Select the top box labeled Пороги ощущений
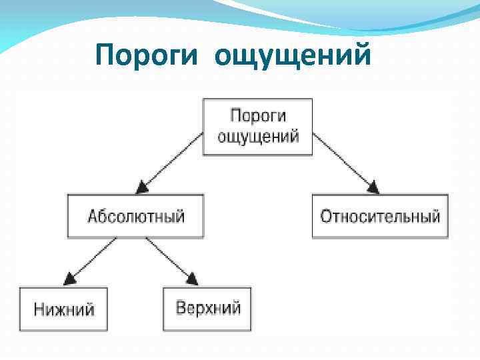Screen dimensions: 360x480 (x=257, y=127)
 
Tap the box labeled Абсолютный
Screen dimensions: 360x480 (x=135, y=217)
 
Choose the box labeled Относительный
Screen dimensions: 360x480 (x=380, y=217)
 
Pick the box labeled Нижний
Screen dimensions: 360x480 (x=63, y=309)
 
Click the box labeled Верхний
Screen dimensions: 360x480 (x=207, y=309)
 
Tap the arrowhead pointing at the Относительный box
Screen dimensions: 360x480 (x=373, y=187)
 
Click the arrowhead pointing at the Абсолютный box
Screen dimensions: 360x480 (x=141, y=187)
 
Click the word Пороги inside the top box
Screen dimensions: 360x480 (x=258, y=116)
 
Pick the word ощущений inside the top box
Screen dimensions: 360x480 (x=258, y=137)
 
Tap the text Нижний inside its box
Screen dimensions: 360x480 (x=64, y=309)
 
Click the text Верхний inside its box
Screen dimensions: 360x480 (x=208, y=309)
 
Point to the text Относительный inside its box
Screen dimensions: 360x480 (x=380, y=217)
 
